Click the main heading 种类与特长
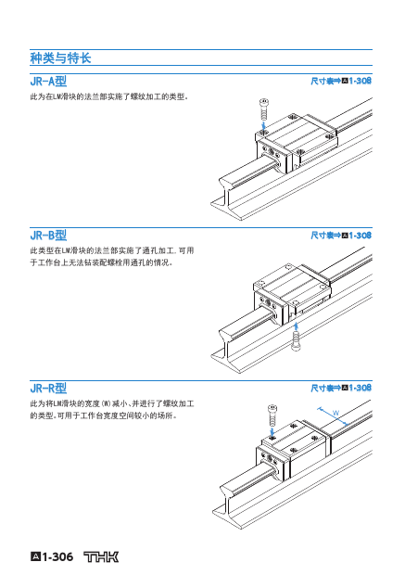coord(60,57)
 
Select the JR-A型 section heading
coord(48,81)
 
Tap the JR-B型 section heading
coord(48,235)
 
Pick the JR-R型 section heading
coord(48,388)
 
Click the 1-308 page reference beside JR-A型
coord(360,81)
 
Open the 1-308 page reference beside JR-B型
coord(360,235)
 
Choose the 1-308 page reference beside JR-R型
coord(360,388)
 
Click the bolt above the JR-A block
coord(263,109)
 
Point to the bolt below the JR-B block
coord(296,341)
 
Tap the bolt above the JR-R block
coord(272,415)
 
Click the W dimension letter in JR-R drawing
coord(335,413)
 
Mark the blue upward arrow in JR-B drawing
coord(297,326)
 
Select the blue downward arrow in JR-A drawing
coord(263,125)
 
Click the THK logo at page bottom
coord(101,557)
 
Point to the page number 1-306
coord(57,557)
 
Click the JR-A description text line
coord(109,97)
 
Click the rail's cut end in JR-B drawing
coord(224,351)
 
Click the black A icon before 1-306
coord(35,557)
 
